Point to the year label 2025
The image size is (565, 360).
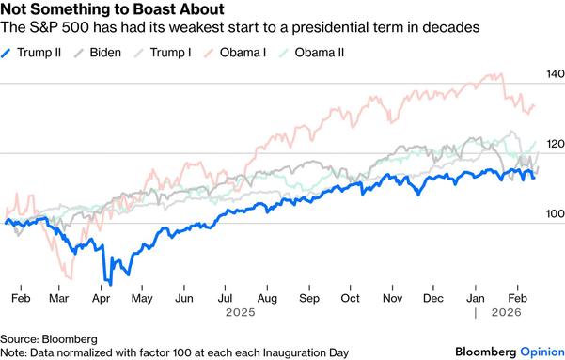(242, 312)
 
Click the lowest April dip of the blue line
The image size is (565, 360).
(110, 283)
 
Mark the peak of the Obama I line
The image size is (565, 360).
(490, 74)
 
